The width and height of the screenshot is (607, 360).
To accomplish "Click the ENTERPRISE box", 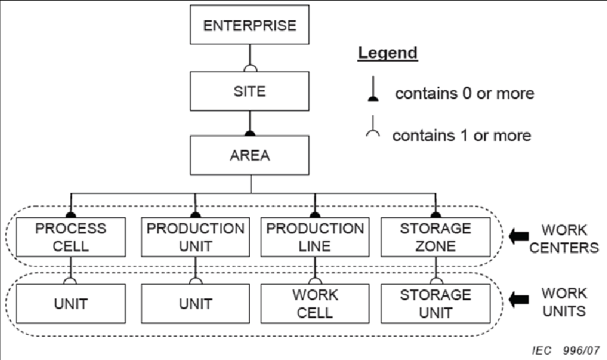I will (250, 27).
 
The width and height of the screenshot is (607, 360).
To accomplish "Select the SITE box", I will (250, 91).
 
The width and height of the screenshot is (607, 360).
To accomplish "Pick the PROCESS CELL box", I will (71, 236).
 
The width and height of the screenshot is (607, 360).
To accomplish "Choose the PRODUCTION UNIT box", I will (195, 236).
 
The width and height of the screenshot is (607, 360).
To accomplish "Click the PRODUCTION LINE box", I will (314, 236).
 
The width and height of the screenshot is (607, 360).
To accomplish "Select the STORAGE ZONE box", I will (435, 236).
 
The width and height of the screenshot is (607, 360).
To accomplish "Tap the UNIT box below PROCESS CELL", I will (71, 303).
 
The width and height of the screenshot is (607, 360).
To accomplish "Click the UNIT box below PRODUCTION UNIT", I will (195, 303).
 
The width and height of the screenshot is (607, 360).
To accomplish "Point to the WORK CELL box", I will (314, 303).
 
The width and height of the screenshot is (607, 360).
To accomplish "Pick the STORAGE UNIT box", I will (435, 303).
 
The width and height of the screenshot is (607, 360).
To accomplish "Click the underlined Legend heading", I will (387, 54).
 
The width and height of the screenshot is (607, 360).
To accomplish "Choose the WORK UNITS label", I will (564, 301).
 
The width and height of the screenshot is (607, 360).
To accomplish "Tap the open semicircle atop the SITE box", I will (250, 69).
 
